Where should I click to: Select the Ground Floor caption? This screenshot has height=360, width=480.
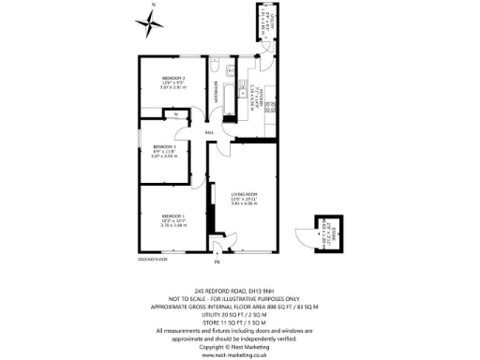(x=152, y=258)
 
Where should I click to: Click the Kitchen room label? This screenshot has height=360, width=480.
(x=254, y=94)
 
